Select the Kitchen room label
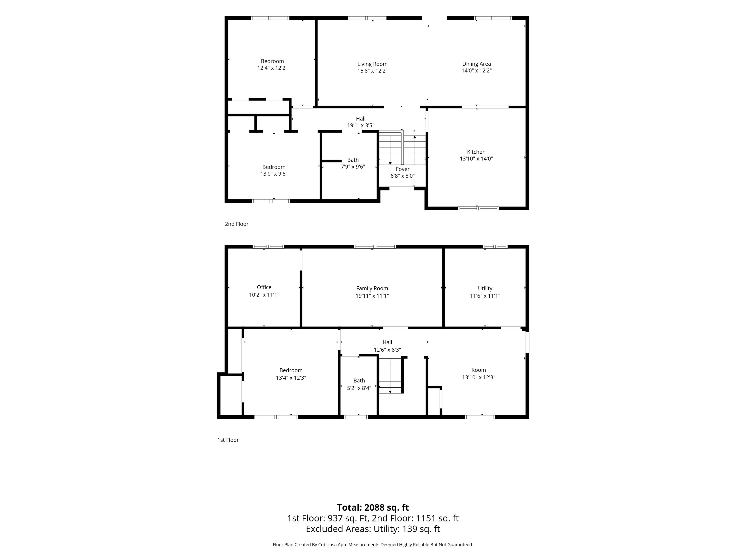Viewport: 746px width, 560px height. (476, 152)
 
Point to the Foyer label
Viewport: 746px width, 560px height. (403, 169)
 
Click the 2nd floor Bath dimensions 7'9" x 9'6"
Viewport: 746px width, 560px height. (353, 167)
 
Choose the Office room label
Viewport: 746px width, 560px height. (264, 287)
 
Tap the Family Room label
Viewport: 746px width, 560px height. (372, 289)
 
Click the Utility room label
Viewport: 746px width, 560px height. (485, 289)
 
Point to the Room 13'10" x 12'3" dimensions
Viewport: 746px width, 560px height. (478, 377)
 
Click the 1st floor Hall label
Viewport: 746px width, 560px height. (387, 342)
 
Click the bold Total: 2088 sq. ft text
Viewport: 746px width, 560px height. (373, 508)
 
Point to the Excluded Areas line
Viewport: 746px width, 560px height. (373, 529)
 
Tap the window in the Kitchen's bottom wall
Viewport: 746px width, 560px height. (478, 208)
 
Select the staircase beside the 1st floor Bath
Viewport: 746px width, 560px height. (390, 375)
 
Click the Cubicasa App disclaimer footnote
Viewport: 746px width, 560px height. (373, 544)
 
